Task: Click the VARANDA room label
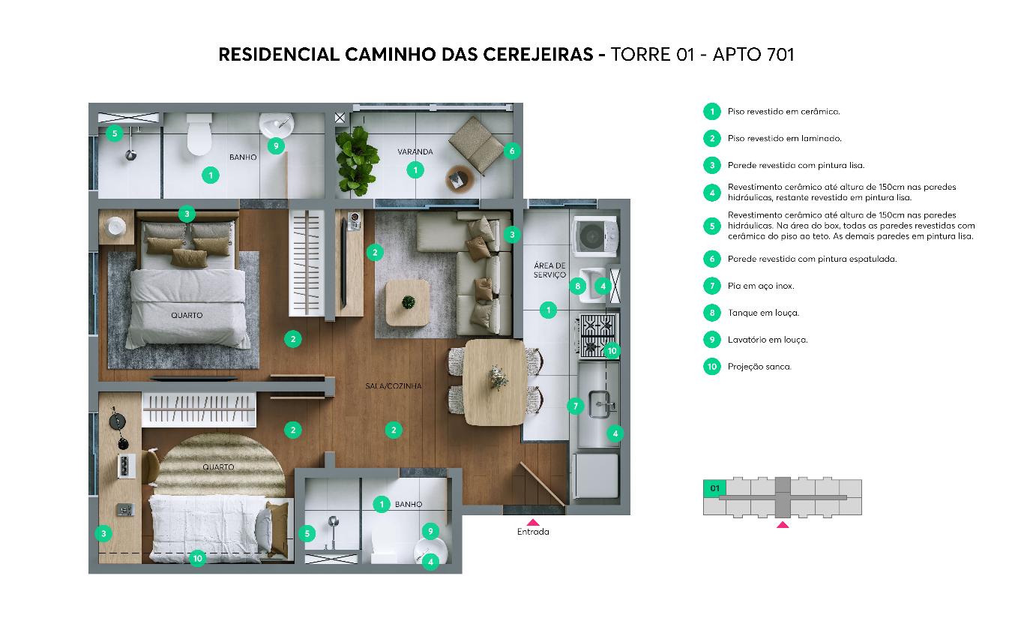pos(415,152)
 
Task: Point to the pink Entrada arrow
pos(533,521)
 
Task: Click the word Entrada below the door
pos(533,532)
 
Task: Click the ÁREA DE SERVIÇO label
pos(549,271)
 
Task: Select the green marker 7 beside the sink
pos(575,406)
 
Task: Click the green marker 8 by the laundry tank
pos(577,286)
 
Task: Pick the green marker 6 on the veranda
pos(512,151)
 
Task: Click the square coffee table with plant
pos(408,302)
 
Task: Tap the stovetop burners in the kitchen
pos(597,334)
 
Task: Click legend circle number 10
pos(711,367)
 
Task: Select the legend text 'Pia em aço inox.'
pos(760,286)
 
